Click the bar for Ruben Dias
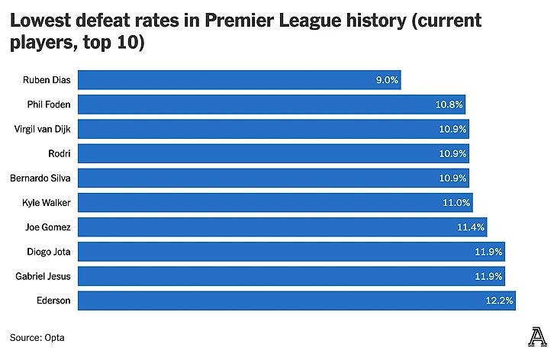(239, 79)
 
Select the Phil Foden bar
(272, 104)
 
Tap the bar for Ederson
(297, 301)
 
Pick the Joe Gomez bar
(282, 227)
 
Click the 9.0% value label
(387, 79)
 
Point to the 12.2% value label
(500, 301)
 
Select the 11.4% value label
(472, 227)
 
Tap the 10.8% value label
(450, 104)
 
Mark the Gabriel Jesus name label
(43, 276)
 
